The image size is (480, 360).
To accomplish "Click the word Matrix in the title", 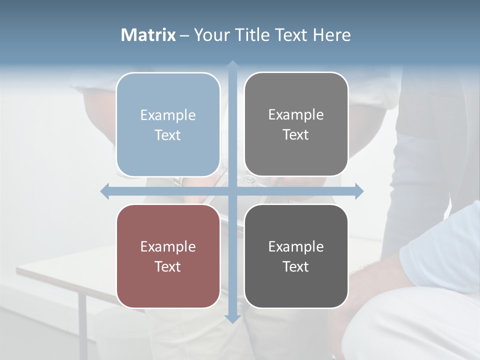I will click(148, 35).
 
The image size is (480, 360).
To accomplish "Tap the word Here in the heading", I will click(331, 35).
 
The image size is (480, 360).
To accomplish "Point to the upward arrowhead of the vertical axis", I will click(232, 65).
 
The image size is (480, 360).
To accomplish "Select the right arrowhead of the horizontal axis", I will click(358, 191).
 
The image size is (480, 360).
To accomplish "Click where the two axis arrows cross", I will click(232, 191).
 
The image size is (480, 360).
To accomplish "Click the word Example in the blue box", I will click(168, 115).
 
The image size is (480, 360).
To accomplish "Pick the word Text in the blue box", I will click(168, 135).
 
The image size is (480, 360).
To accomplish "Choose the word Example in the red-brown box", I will click(168, 246).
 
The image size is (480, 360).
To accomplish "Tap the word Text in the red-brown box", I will click(168, 266).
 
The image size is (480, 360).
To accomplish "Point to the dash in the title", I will click(184, 35).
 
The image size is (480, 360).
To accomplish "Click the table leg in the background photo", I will click(82, 320).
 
